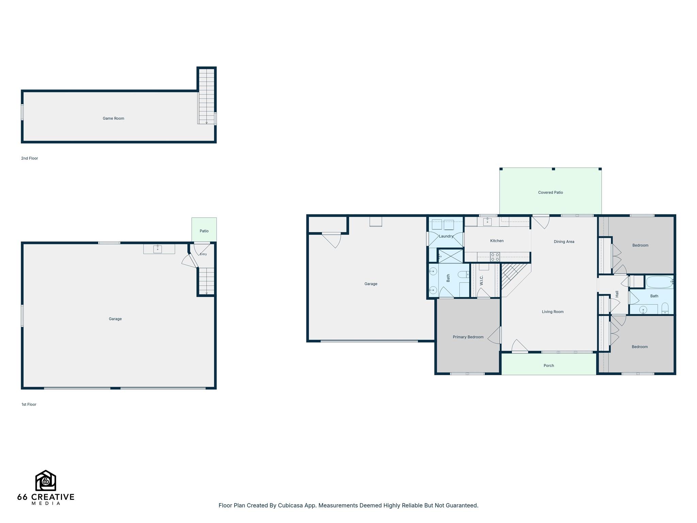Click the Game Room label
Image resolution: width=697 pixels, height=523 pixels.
113,118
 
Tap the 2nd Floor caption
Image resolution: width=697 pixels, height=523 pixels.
30,158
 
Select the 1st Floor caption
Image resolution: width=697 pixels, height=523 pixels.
29,405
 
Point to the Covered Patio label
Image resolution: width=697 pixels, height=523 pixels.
550,192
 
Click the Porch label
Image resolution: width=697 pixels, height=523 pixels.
549,366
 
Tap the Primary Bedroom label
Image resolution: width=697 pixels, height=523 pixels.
468,337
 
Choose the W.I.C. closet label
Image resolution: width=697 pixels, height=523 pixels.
482,281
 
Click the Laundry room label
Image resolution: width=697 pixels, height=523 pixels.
446,236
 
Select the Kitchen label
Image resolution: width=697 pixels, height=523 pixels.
497,241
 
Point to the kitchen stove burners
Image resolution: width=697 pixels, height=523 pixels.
495,257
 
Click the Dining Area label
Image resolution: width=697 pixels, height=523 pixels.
564,242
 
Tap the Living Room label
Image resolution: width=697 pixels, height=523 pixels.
553,312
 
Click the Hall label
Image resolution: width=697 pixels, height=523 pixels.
617,294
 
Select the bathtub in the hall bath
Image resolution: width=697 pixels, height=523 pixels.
659,282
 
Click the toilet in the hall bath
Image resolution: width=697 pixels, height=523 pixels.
665,308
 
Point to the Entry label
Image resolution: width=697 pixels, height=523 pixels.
203,254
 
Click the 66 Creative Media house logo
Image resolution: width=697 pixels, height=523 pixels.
46,480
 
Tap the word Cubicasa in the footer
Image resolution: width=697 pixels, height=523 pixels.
290,505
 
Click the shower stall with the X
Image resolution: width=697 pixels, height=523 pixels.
451,256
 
